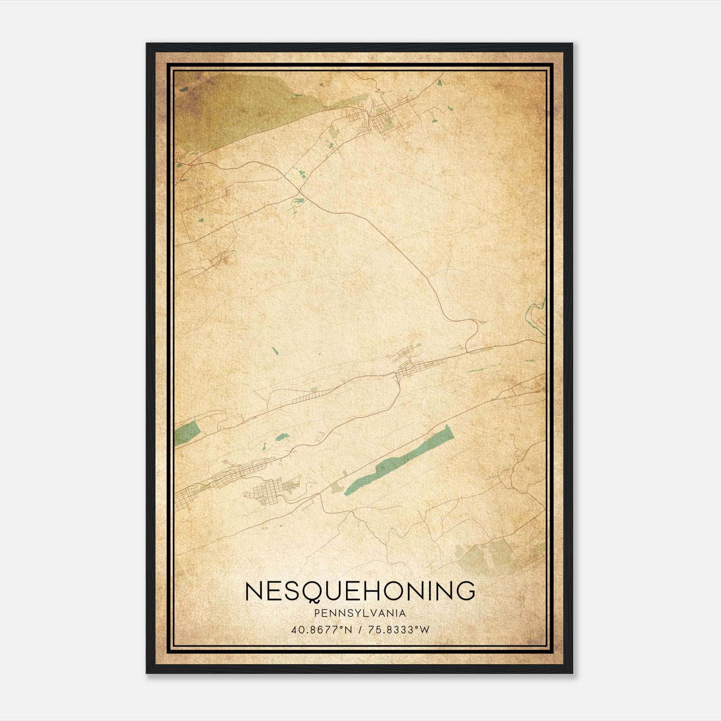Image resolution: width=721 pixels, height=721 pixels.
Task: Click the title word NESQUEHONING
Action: pyautogui.click(x=360, y=591)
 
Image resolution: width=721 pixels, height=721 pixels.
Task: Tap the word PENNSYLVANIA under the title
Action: pyautogui.click(x=360, y=613)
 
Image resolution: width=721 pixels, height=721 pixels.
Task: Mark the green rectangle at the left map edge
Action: pyautogui.click(x=187, y=432)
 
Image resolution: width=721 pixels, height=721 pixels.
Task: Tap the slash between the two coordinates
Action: pyautogui.click(x=360, y=630)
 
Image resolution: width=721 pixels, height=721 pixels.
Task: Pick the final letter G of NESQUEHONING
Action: pyautogui.click(x=465, y=591)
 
